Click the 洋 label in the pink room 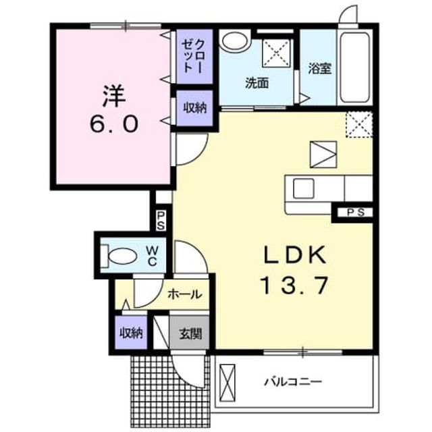114,96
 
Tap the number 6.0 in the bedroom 114,124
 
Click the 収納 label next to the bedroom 195,108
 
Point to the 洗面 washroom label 256,83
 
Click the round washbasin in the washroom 235,41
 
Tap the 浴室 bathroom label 319,69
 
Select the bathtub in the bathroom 354,67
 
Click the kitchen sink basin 304,188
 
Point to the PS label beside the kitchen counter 356,212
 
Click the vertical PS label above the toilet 161,221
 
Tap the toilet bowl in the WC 122,256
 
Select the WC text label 153,256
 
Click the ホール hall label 185,294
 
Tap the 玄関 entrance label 190,334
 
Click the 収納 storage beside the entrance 131,333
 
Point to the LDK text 295,255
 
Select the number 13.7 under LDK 294,286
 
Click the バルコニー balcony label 293,382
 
